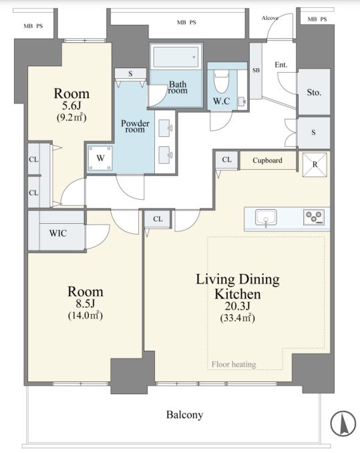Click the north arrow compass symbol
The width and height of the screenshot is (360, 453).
click(343, 424)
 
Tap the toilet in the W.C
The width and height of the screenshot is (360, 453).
click(221, 80)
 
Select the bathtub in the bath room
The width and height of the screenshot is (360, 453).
click(176, 57)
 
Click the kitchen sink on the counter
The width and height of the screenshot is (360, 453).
click(266, 218)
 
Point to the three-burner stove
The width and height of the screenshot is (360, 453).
click(314, 217)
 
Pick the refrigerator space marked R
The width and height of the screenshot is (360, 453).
click(315, 164)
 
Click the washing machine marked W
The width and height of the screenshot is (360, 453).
click(100, 158)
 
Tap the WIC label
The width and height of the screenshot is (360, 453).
click(58, 233)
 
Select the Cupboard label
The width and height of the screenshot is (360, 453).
click(267, 160)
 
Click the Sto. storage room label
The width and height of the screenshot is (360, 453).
click(314, 92)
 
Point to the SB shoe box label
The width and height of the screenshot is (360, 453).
click(256, 70)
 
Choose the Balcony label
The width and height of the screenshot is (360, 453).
click(185, 415)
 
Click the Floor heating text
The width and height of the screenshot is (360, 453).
click(234, 364)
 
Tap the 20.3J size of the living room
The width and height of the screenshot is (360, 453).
click(238, 306)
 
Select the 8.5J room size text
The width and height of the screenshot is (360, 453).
click(85, 303)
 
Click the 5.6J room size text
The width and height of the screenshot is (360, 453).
click(71, 106)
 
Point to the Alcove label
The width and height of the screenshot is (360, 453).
click(270, 18)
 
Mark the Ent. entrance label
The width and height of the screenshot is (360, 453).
click(281, 65)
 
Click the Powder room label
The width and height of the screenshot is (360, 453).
click(135, 126)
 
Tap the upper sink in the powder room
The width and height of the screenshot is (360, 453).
click(166, 128)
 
